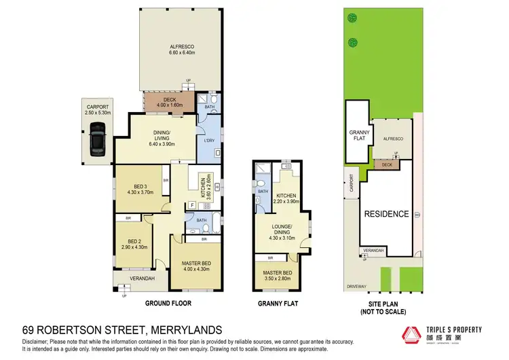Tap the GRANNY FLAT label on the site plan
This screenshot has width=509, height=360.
coord(358,135)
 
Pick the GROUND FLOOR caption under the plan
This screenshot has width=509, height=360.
coord(168,303)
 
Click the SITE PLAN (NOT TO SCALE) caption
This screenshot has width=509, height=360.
coord(384,308)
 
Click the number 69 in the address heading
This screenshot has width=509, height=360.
coord(30,329)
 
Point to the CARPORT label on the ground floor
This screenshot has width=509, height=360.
coord(97,107)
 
